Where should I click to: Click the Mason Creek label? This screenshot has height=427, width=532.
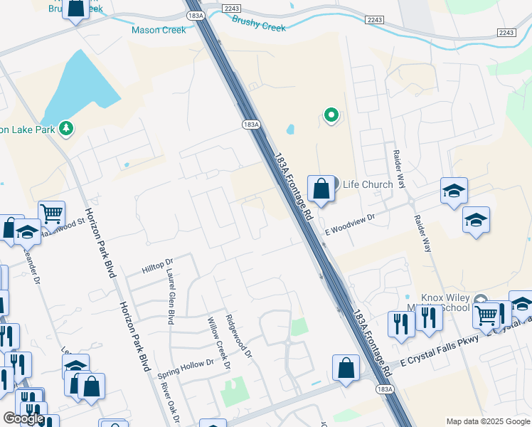[x=159, y=30]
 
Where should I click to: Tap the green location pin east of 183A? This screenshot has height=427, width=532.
[x=331, y=114]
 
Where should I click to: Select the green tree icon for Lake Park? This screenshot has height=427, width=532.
[x=67, y=128]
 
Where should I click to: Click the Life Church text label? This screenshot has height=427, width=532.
[x=368, y=184]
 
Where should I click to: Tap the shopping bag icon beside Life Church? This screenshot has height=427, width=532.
[x=321, y=189]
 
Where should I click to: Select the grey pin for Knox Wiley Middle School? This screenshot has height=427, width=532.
[x=481, y=302]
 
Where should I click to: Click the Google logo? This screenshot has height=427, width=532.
[x=23, y=418]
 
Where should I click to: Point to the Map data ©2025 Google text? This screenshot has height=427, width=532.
[x=487, y=421]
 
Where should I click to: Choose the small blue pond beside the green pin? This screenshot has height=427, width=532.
[x=291, y=130]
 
